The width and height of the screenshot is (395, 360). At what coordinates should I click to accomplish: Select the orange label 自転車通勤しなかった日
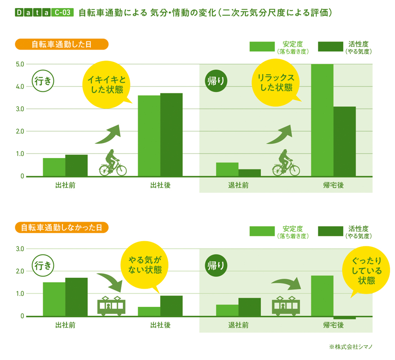(62, 227)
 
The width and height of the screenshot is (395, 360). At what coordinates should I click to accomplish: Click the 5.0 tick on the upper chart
(19, 64)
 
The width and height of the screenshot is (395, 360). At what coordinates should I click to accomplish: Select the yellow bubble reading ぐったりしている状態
(364, 270)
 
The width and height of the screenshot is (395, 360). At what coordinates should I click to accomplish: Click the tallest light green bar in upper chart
(322, 120)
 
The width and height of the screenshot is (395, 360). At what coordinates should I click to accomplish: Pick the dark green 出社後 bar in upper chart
(171, 134)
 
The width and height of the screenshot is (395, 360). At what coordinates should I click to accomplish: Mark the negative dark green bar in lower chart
(344, 318)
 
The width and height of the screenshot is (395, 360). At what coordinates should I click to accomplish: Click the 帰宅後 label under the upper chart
(333, 185)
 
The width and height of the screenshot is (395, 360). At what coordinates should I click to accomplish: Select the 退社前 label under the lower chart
(238, 325)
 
